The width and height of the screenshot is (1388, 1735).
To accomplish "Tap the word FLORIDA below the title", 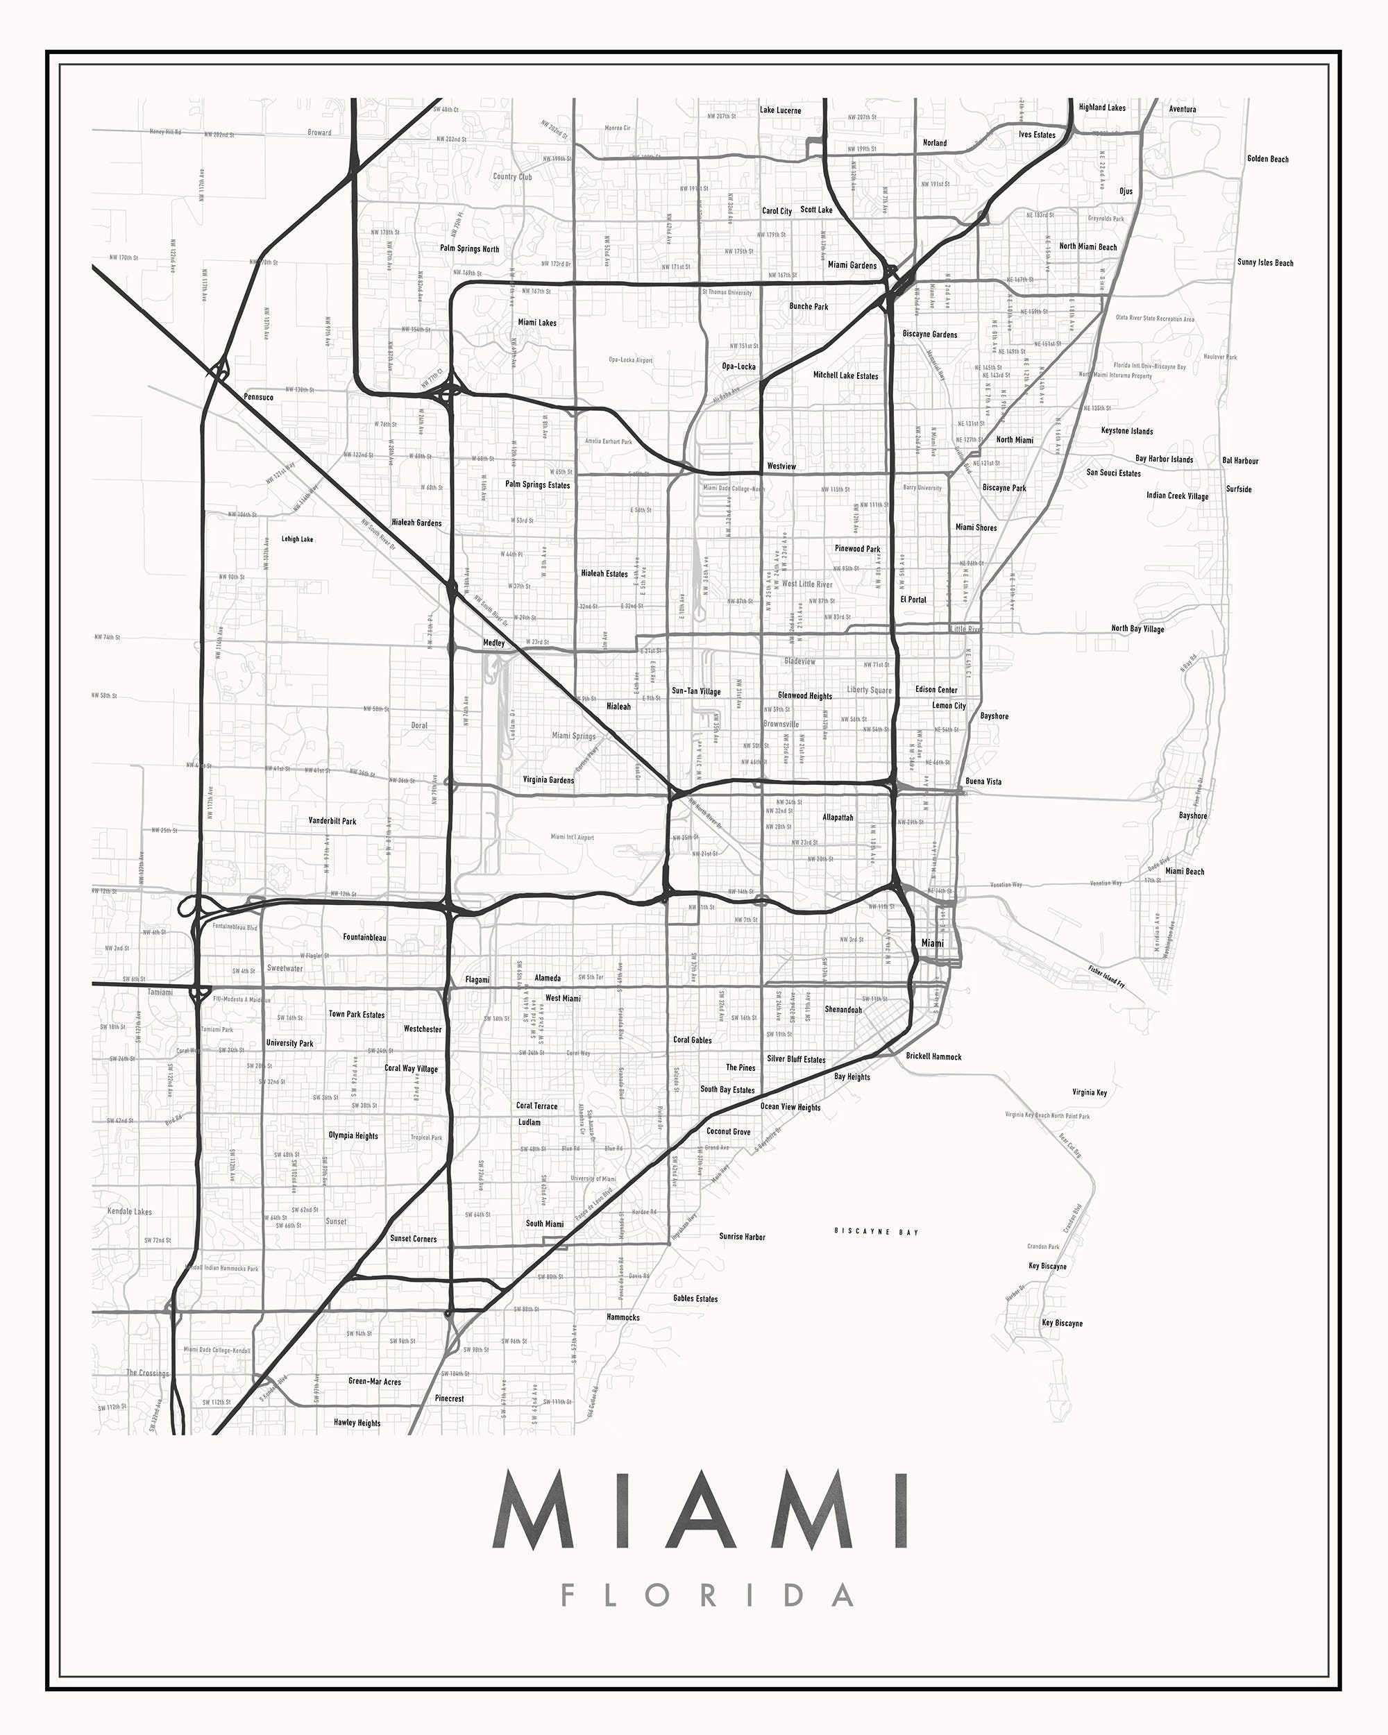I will [707, 1596].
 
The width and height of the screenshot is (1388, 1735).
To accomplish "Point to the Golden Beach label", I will [1267, 158].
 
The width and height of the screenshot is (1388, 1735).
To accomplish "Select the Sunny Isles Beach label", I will [1265, 262].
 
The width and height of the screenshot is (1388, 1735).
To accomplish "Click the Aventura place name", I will [1182, 109].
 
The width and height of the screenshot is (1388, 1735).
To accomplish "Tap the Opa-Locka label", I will [738, 366].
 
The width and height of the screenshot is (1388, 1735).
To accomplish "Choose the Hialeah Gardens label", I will [416, 523].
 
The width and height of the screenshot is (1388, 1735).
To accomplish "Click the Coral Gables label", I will [692, 1040].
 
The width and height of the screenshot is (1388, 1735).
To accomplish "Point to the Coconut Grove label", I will [728, 1131].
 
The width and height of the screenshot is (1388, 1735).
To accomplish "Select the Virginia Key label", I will [1090, 1092].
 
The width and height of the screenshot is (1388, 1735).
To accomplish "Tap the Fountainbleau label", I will [364, 938].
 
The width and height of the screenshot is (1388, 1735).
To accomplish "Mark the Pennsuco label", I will [258, 397].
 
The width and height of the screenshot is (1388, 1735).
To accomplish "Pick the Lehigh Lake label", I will [297, 539].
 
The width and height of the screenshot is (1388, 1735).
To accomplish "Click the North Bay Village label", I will [1137, 629].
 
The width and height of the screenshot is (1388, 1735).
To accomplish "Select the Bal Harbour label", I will [1240, 461].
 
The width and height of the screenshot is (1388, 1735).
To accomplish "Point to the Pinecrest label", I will [449, 1398].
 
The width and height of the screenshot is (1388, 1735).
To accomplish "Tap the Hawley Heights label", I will [357, 1423].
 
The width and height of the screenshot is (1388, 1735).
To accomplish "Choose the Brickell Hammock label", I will [933, 1056].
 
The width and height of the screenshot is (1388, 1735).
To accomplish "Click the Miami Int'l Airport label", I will [572, 837].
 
